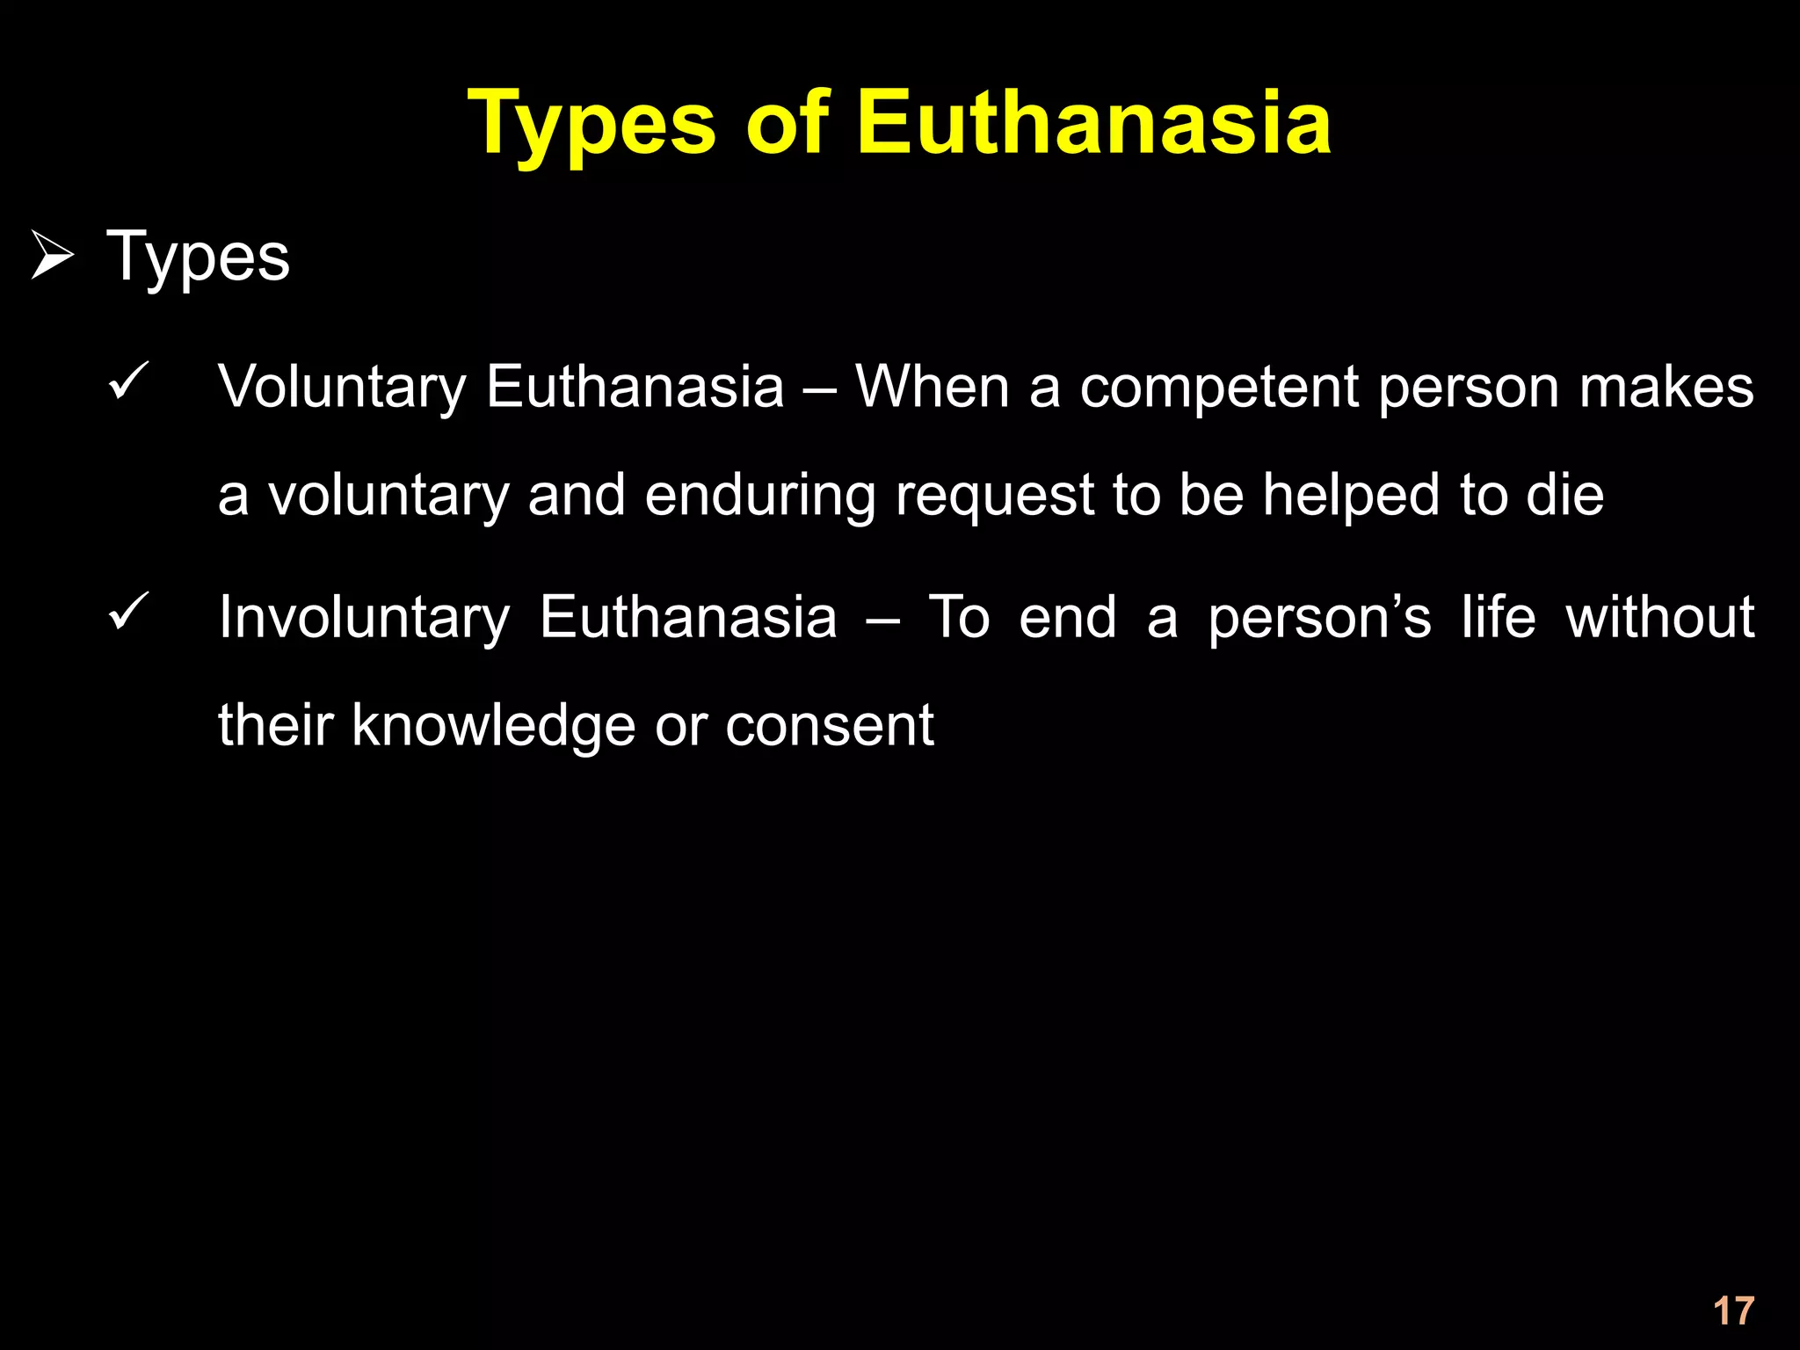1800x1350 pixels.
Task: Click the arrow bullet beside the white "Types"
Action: pos(52,256)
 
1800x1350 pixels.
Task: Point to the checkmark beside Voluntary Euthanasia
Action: pos(128,382)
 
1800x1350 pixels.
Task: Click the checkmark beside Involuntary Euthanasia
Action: pos(128,613)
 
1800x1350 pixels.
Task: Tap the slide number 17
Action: pos(1733,1311)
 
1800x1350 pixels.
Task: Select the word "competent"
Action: pos(1218,388)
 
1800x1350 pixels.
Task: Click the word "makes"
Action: pos(1666,388)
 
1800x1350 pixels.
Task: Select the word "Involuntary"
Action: pos(364,619)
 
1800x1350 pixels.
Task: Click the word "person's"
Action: pos(1319,619)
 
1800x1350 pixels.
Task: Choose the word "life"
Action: pos(1499,617)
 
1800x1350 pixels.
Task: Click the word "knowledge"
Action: pos(493,728)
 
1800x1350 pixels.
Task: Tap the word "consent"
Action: pos(829,728)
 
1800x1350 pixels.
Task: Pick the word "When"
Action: pos(933,388)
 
